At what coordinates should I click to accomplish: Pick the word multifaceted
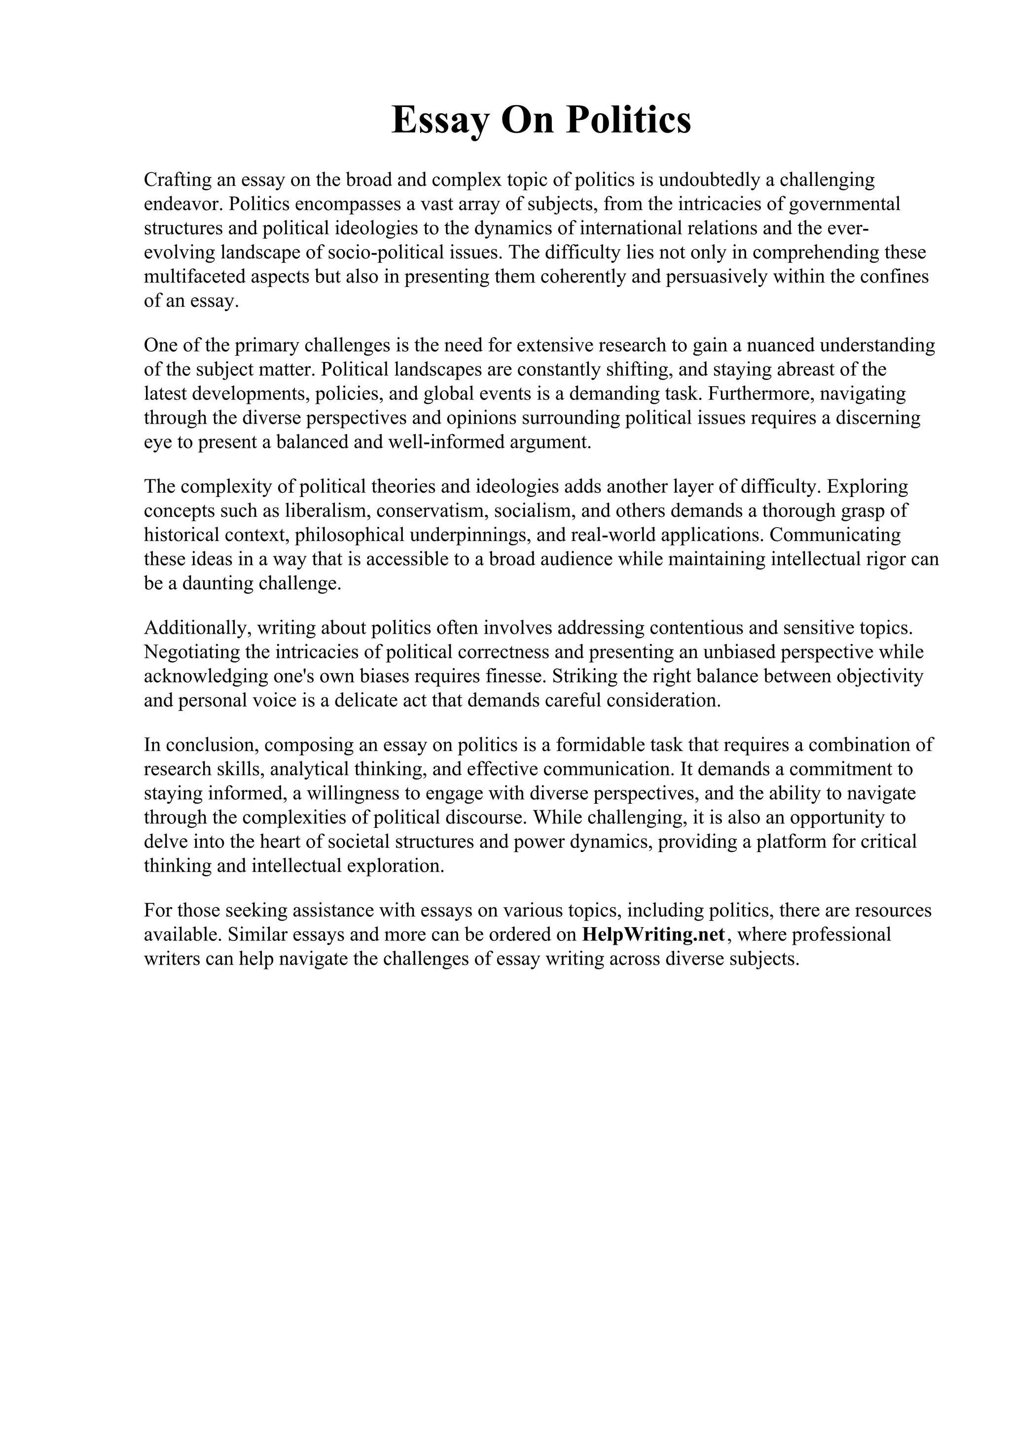[x=195, y=277]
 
